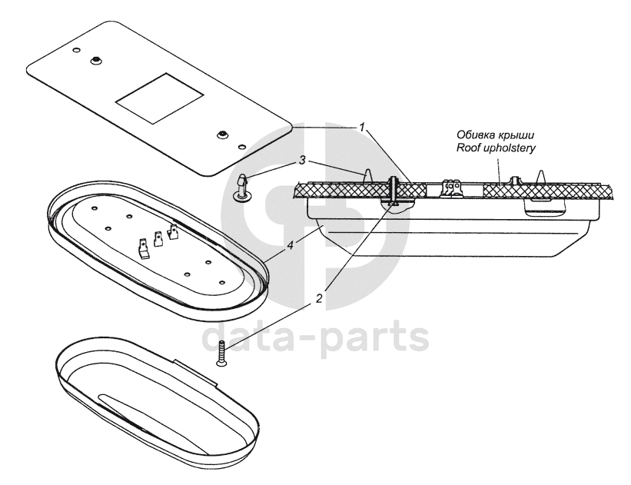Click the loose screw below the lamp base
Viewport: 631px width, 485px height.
[x=221, y=354]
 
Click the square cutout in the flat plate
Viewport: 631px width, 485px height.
[x=160, y=98]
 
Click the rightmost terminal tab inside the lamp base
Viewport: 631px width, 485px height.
[x=174, y=230]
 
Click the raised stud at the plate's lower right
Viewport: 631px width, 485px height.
[x=221, y=133]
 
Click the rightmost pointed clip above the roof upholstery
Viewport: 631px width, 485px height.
[x=541, y=175]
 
